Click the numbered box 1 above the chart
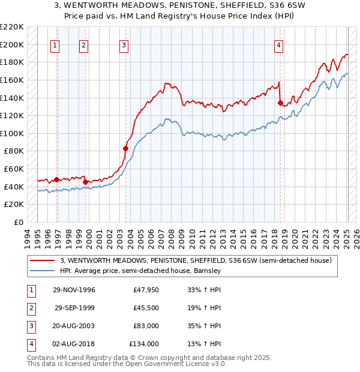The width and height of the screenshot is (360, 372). coord(55,44)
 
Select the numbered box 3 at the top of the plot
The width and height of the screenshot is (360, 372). coord(124,44)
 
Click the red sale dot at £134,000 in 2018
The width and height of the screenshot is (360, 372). coord(280,103)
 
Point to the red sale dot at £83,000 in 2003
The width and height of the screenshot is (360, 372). coord(126,148)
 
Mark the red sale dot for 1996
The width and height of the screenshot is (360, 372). coord(57,179)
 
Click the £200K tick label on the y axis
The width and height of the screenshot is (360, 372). coord(12,44)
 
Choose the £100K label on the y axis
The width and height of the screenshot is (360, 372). coord(12,133)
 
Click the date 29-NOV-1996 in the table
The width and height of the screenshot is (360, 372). coord(74,290)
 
